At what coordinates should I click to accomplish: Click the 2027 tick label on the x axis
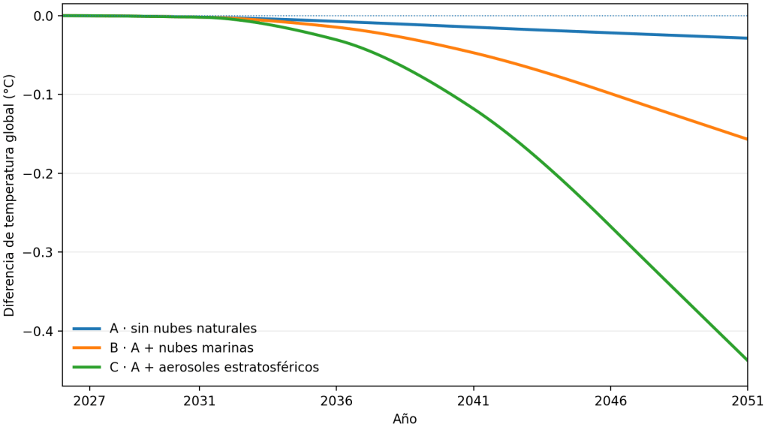[89, 401]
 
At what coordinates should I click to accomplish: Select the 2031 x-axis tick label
[200, 401]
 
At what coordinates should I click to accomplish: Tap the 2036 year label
[336, 401]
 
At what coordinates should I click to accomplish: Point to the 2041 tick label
[474, 401]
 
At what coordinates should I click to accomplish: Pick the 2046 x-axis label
[611, 401]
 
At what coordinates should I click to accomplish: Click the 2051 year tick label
[748, 401]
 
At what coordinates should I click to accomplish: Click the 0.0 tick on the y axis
[43, 17]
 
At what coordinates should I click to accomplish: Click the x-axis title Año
[405, 418]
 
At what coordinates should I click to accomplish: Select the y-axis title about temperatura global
[9, 195]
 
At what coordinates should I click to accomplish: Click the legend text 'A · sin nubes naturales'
[183, 328]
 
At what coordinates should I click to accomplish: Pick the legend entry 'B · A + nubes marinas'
[182, 347]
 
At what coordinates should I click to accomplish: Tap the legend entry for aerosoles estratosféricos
[214, 367]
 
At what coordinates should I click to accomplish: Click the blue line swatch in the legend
[86, 329]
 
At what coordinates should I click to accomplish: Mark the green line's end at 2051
[747, 360]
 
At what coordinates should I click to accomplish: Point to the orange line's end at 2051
[747, 139]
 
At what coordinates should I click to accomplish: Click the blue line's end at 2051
[747, 38]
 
